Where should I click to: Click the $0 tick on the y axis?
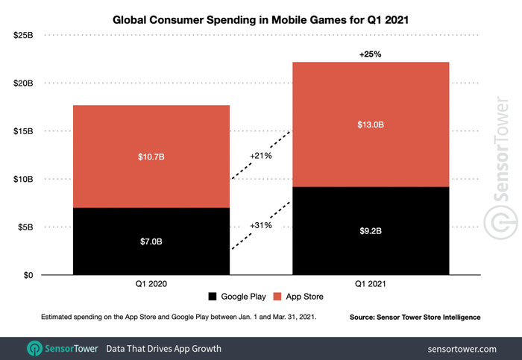click(x=28, y=276)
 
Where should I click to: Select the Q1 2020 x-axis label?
click(x=151, y=285)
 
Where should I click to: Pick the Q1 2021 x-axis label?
click(x=371, y=285)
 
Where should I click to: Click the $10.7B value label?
click(x=151, y=157)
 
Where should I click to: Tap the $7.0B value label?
click(x=151, y=241)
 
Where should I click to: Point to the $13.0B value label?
click(x=371, y=124)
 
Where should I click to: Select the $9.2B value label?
click(x=371, y=231)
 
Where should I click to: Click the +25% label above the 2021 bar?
click(x=371, y=54)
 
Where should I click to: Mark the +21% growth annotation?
click(x=260, y=156)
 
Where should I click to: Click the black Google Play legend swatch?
click(x=211, y=297)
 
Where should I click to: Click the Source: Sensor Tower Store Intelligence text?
click(x=415, y=318)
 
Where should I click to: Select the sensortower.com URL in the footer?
click(x=462, y=348)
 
